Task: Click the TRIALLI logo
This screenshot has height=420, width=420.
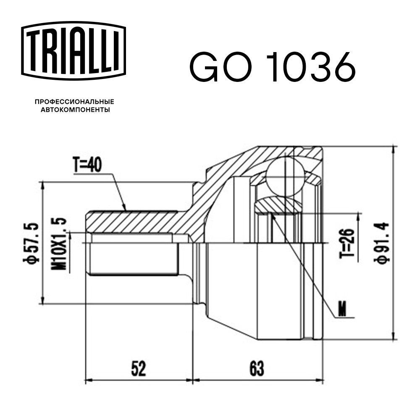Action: [73, 51]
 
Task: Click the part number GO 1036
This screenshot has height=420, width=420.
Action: [273, 66]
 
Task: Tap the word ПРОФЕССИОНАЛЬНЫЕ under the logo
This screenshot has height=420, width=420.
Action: [74, 102]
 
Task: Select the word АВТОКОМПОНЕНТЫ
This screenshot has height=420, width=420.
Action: [75, 110]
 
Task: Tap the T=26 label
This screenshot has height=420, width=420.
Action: [347, 243]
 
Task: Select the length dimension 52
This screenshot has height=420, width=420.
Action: [139, 369]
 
